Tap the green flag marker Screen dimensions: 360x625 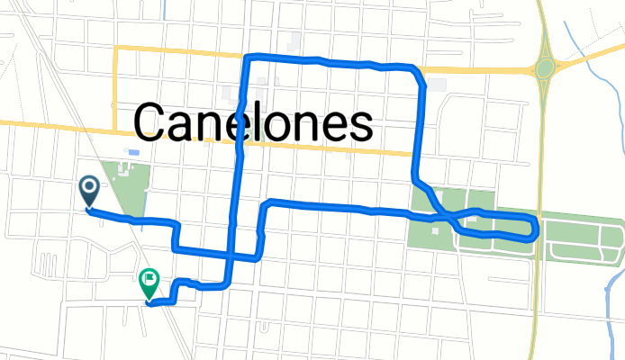tap(149, 284)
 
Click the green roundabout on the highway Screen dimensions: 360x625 tap(544, 67)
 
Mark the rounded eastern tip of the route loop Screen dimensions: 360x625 tap(537, 229)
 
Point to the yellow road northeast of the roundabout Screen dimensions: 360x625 tap(590, 54)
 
